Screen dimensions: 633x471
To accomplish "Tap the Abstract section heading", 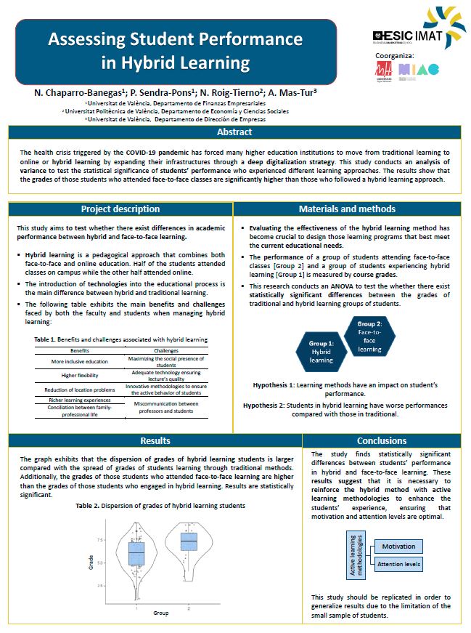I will tap(234, 132).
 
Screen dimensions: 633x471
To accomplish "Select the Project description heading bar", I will tap(120, 209).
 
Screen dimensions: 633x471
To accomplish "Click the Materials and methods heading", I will tap(348, 209).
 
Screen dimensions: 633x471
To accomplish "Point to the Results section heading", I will tap(155, 440).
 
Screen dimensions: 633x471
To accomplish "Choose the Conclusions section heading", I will tap(382, 440).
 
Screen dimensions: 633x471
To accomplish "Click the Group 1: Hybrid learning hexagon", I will tap(321, 351).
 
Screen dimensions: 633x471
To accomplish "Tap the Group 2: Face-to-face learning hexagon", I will tap(369, 336).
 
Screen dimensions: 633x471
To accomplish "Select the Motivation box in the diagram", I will tap(398, 547).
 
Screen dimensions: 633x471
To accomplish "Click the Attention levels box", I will tap(398, 564).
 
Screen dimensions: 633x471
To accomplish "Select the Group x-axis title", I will tap(160, 613).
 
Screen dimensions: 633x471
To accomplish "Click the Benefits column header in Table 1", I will tap(79, 350).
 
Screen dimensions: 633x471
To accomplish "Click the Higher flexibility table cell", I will tap(79, 375).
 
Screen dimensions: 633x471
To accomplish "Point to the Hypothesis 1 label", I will tap(277, 383).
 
